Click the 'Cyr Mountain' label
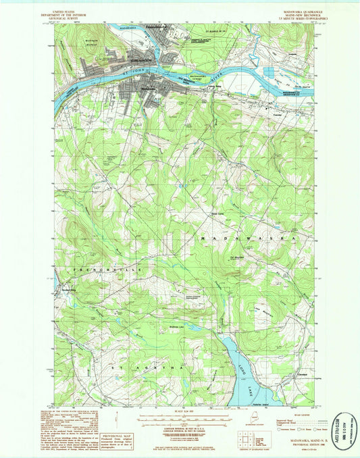click(x=237, y=257)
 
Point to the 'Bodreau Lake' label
click(x=177, y=324)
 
